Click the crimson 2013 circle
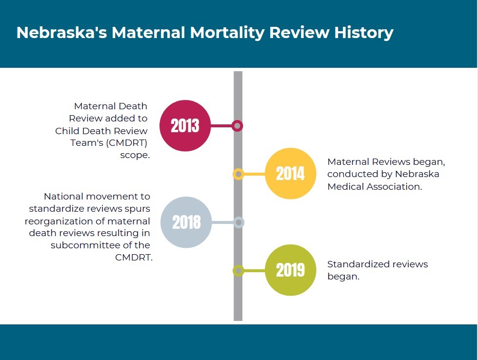(x=185, y=126)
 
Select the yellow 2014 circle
(x=290, y=174)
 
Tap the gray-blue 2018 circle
(x=186, y=222)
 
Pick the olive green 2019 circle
(x=290, y=270)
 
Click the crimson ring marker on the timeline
(x=238, y=126)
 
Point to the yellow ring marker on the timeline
(x=238, y=174)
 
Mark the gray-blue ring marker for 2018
(x=239, y=222)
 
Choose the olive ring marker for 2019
(x=238, y=270)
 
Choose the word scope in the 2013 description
(x=135, y=155)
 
